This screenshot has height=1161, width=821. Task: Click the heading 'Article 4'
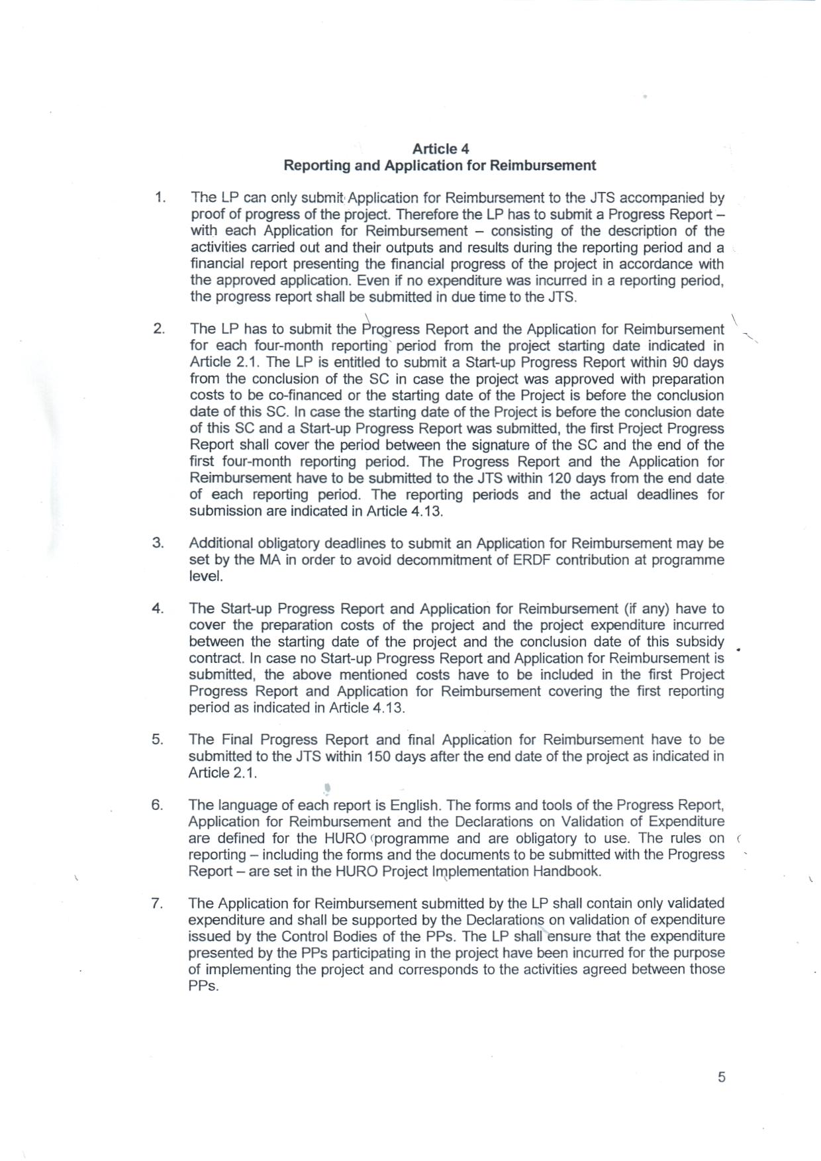pyautogui.click(x=440, y=148)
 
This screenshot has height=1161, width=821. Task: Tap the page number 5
pyautogui.click(x=721, y=1077)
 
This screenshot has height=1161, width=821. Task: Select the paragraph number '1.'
pyautogui.click(x=159, y=197)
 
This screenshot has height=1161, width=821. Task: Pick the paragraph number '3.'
pyautogui.click(x=158, y=543)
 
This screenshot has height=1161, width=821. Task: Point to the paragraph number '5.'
pyautogui.click(x=158, y=739)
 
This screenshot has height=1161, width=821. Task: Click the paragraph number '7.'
pyautogui.click(x=157, y=903)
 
